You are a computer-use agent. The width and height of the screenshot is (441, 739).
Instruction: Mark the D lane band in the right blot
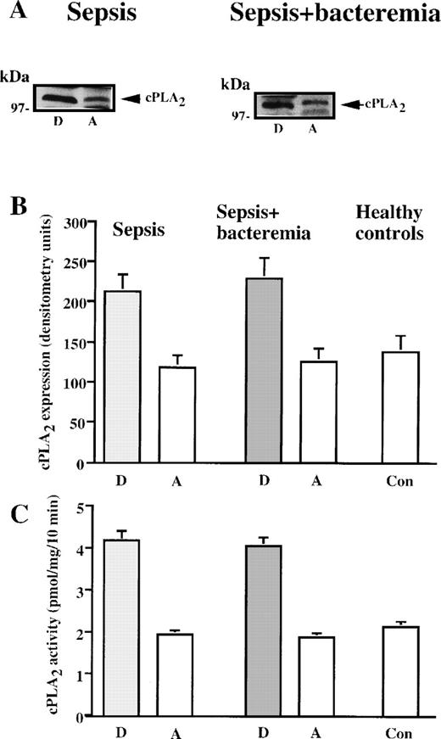[x=276, y=104]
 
